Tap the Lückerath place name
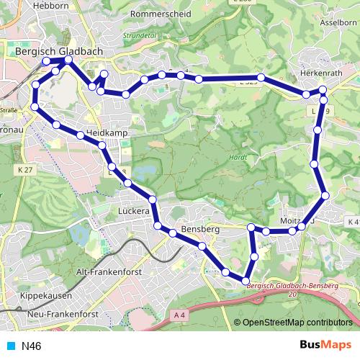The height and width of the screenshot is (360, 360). click(x=134, y=212)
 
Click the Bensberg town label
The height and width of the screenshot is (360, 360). click(x=200, y=229)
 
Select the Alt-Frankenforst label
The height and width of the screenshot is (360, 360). click(x=109, y=272)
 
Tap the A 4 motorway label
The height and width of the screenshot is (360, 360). click(x=180, y=315)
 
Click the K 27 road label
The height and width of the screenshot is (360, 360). click(x=24, y=168)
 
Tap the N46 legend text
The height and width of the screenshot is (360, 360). click(x=32, y=346)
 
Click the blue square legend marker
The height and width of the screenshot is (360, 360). click(x=11, y=346)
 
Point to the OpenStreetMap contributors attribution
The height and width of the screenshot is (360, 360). click(x=296, y=322)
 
